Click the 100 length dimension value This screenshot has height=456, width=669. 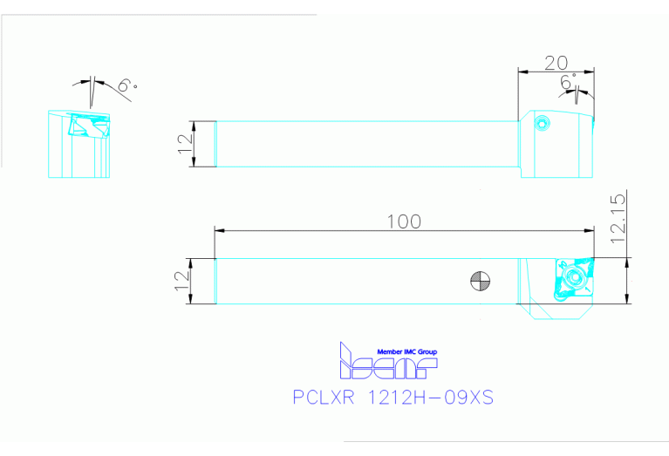pos(404,221)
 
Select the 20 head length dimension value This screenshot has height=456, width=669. pos(556,62)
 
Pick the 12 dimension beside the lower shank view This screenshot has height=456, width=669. pos(183,281)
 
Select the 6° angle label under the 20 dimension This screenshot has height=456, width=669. pos(569,82)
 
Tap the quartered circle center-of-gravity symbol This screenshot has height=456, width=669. pos(480,281)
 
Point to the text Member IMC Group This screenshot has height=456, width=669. pos(400,351)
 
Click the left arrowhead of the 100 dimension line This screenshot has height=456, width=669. pos(219,230)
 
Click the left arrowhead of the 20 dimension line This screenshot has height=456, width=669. pos(522,71)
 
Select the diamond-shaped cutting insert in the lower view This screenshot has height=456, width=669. pos(571,279)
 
